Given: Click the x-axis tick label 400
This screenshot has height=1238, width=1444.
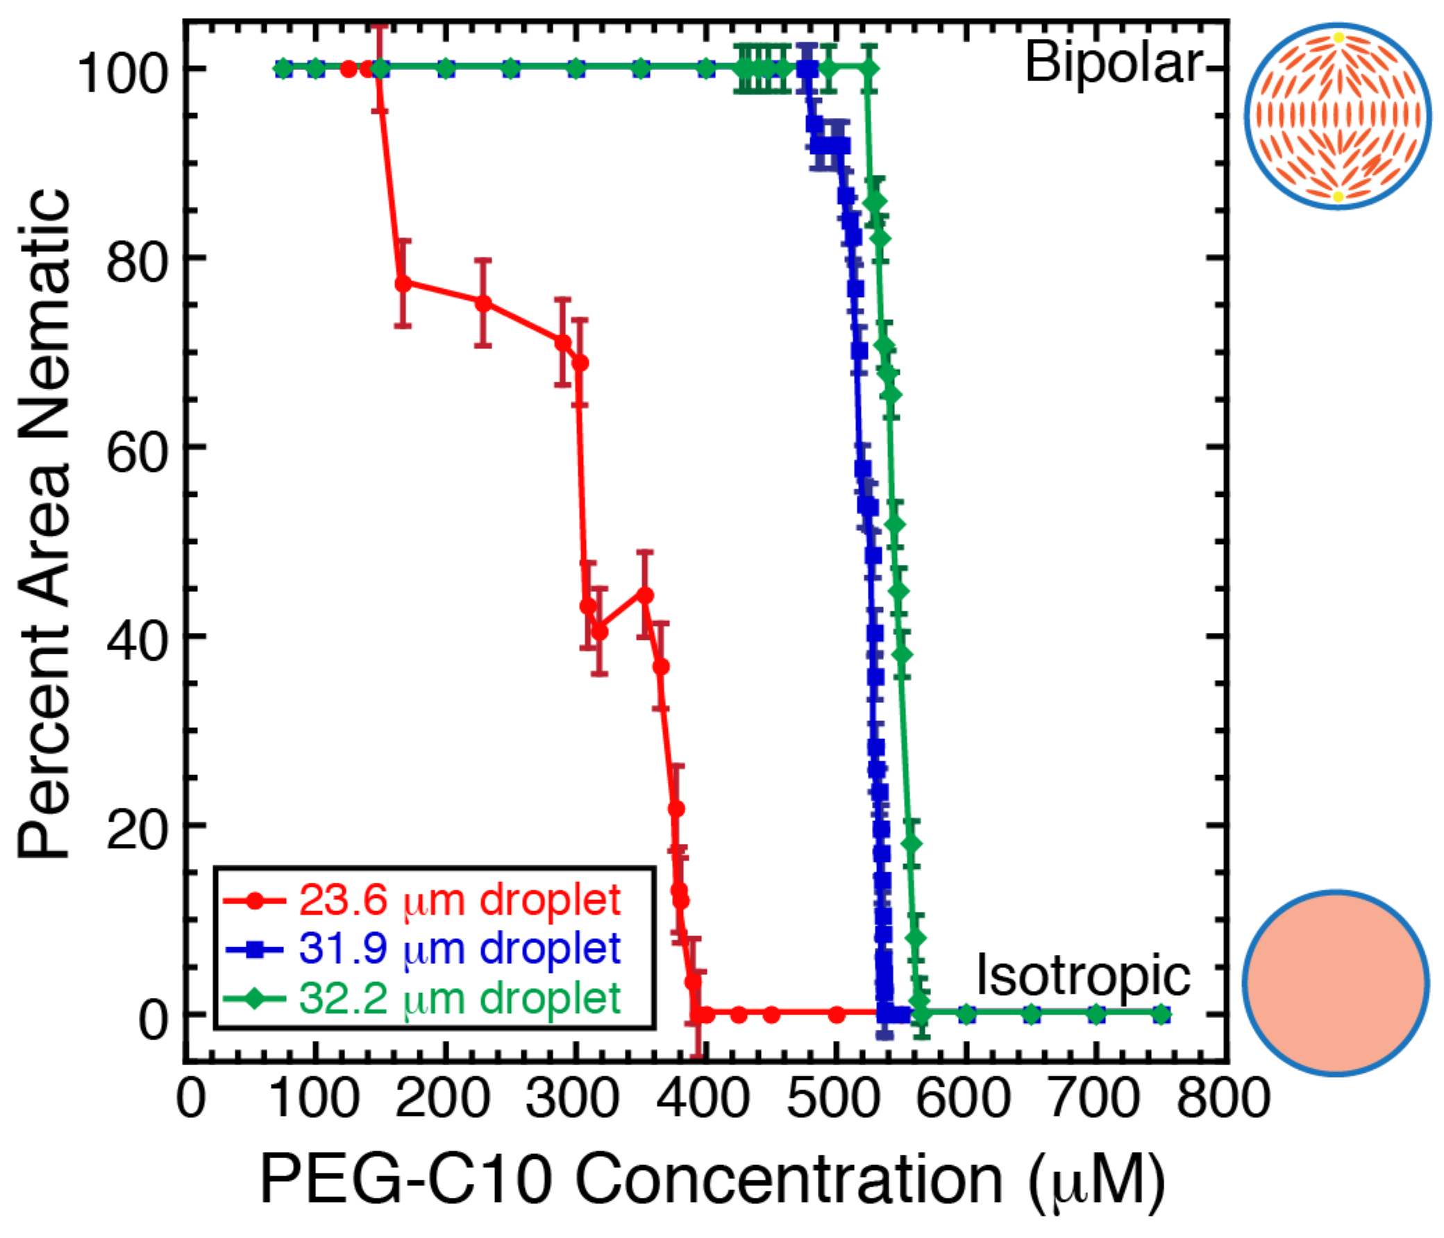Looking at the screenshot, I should (706, 1099).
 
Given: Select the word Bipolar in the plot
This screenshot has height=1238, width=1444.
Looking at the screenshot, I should (1113, 64).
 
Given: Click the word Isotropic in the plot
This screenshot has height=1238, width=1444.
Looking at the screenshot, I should (1083, 976).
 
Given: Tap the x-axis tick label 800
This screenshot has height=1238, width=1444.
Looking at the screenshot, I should (1223, 1099).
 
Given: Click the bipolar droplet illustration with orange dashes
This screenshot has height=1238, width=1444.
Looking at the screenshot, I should (1337, 117).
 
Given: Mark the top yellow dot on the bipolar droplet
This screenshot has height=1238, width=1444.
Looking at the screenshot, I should (1338, 37).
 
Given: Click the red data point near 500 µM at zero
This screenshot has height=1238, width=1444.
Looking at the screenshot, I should (837, 1015).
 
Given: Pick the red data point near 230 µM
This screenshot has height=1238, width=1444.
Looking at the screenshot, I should (483, 303).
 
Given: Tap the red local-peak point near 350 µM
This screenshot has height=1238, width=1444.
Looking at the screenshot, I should (646, 595).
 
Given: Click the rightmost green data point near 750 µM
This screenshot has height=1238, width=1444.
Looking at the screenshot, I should (1161, 1015).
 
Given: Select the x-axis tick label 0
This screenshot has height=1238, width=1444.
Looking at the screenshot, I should (190, 1099).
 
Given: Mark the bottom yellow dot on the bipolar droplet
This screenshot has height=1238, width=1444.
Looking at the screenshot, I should (1338, 197).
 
